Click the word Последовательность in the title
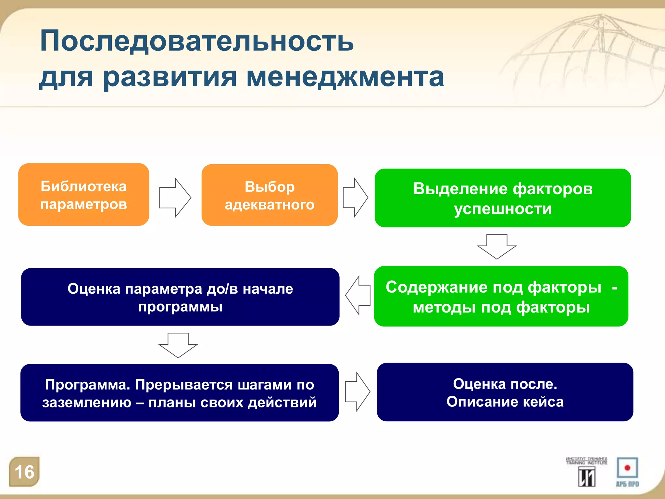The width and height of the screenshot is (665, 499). [x=196, y=41]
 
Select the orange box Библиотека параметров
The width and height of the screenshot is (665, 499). [x=83, y=195]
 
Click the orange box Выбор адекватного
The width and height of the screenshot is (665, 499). [x=270, y=195]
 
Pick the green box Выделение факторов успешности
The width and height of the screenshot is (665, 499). [x=503, y=198]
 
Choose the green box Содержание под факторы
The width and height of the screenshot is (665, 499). [x=501, y=296]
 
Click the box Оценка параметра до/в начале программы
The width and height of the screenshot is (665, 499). [x=180, y=297]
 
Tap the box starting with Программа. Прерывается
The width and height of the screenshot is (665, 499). [x=180, y=393]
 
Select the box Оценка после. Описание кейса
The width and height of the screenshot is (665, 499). [x=505, y=392]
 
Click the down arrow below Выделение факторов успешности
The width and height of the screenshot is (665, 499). [x=496, y=247]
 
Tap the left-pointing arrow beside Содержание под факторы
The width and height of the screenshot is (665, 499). [x=358, y=295]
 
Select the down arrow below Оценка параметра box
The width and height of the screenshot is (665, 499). [x=178, y=345]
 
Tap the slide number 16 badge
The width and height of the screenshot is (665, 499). [x=24, y=472]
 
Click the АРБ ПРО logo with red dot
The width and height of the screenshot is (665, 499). [x=627, y=472]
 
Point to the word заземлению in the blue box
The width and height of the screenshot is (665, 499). [x=87, y=403]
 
